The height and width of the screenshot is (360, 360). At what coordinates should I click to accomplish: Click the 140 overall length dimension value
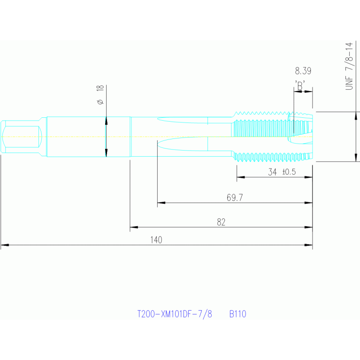point(156,240)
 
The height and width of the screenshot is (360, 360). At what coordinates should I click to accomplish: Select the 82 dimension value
point(221,222)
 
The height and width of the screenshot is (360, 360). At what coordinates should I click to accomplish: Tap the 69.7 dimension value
point(235,198)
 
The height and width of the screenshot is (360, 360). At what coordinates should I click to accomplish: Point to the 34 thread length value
point(273,172)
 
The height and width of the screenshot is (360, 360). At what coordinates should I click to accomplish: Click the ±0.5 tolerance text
point(289,172)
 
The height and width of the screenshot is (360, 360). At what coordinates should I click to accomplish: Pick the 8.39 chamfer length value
point(303,71)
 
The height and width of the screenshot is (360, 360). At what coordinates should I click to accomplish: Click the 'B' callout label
point(300,85)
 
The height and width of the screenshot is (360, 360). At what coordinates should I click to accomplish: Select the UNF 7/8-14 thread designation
point(349,66)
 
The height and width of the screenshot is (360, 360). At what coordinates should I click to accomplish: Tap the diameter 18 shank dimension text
point(100,95)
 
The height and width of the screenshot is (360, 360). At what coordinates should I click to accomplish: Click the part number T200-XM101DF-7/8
point(175,314)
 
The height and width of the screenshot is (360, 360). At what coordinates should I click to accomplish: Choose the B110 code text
point(237,314)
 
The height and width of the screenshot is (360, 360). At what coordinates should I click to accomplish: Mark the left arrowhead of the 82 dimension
point(134,227)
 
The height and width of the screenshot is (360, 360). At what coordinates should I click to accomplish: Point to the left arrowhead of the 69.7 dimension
point(161,203)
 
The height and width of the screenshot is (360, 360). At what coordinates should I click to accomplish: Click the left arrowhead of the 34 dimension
point(241,177)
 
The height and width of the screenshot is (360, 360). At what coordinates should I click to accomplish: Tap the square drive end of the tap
point(22,137)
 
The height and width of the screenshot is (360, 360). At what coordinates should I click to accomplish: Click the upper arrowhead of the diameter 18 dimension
point(106,121)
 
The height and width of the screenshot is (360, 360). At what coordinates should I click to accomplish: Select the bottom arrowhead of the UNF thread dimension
point(356,158)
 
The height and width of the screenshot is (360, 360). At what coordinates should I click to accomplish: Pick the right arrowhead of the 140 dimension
point(308,245)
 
